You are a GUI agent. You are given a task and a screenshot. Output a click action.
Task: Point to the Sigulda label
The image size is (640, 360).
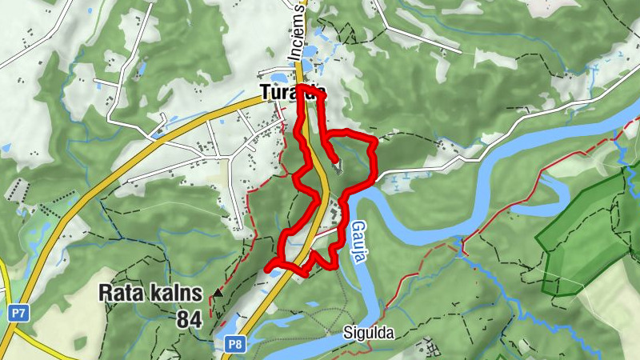click(369, 333)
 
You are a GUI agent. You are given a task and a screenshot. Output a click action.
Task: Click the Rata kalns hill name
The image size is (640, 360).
click(150, 293)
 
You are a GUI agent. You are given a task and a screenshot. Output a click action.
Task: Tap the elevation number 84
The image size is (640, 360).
click(189, 319)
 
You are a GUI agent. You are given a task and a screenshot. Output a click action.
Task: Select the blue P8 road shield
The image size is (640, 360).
click(234, 345)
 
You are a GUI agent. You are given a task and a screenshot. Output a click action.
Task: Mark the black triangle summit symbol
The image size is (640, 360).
click(218, 293)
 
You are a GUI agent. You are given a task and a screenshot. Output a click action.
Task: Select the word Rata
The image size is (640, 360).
click(118, 293)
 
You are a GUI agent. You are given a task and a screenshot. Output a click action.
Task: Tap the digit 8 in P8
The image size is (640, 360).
click(238, 345)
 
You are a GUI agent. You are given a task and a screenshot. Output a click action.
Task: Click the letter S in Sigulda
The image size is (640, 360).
click(348, 333)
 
